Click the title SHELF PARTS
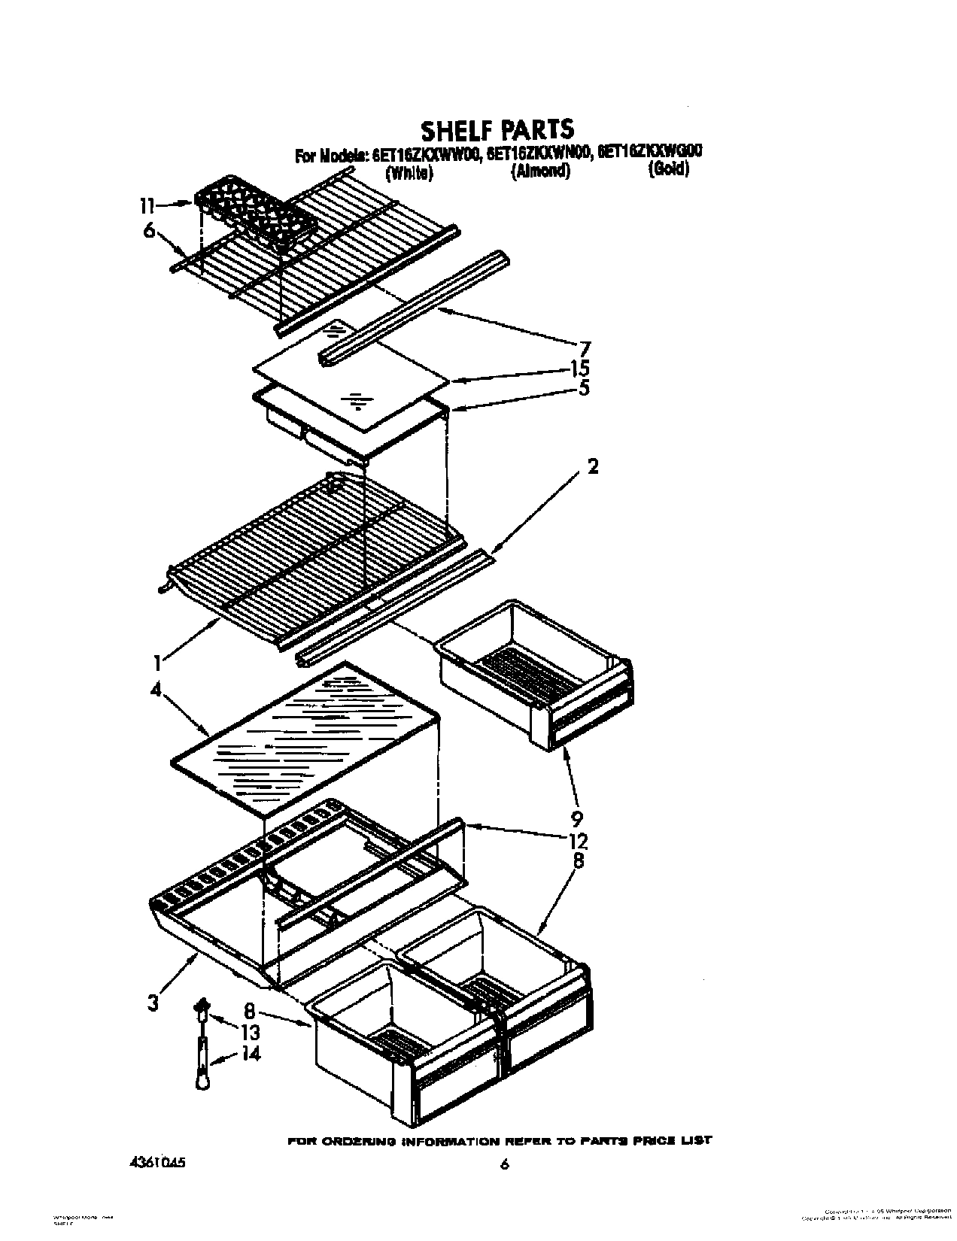click(497, 129)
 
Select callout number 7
click(585, 349)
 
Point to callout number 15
click(598, 369)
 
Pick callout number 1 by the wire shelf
click(156, 663)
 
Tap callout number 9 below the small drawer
click(577, 819)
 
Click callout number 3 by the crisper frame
click(153, 1003)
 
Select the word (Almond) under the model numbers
click(540, 172)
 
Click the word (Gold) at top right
click(668, 170)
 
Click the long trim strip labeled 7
click(414, 308)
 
